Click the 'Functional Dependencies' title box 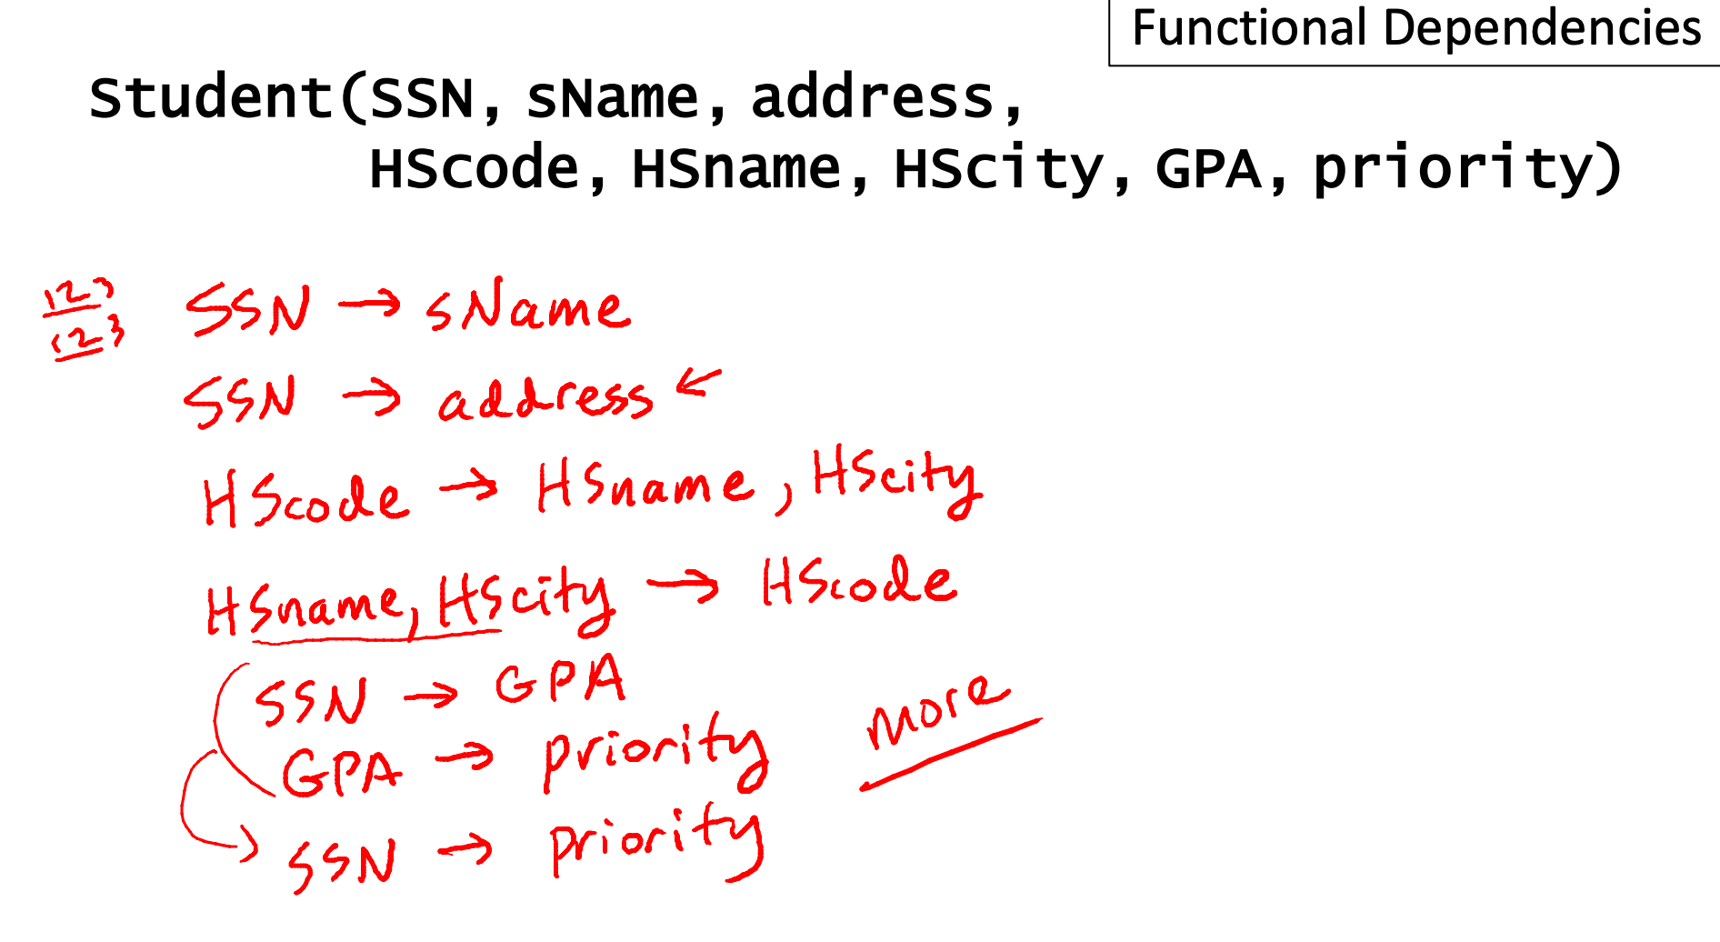tap(1415, 29)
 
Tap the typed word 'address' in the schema tap(873, 98)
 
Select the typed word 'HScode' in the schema tap(474, 169)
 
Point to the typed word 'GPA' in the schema tap(1208, 169)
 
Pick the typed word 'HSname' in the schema tap(736, 169)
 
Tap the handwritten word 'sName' tap(527, 307)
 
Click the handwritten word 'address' tap(545, 400)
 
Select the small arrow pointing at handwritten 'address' tap(698, 384)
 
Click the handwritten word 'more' tap(936, 711)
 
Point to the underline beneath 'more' tap(950, 755)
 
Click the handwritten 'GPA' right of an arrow tap(560, 682)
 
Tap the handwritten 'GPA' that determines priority tap(341, 773)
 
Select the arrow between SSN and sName tap(369, 304)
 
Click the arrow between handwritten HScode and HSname tap(469, 488)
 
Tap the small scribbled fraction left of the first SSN tap(82, 323)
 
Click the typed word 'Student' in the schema tap(211, 98)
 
